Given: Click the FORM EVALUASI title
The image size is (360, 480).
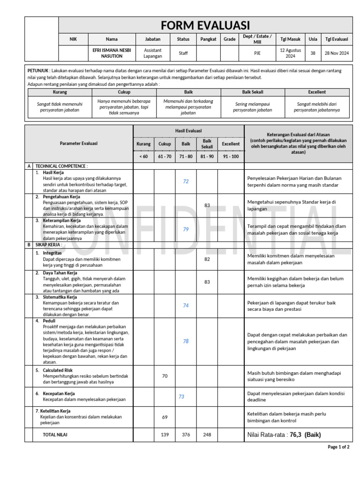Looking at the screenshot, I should pos(205,25).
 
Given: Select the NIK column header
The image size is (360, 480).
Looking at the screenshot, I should pos(73,39).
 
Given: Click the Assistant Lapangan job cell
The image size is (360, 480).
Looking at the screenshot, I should pos(152,53).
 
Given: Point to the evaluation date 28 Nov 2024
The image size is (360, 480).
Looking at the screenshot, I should pos(337,53).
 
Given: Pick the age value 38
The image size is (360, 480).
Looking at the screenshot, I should pos(313,53).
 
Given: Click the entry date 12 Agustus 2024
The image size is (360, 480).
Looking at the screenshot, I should pos(291,53).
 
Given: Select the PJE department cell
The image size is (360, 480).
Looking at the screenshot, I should pos(257,53).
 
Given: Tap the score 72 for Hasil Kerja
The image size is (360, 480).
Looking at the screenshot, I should pos(186,181).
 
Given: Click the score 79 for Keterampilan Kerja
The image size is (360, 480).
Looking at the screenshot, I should pos(186,229).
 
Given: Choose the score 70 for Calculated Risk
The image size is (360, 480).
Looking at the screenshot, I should pos(165,376).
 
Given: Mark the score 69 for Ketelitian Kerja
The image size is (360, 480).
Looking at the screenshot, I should pos(165,417).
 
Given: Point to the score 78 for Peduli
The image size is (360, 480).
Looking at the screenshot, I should pos(186,341).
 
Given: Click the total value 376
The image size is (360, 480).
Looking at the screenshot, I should pos(186,435).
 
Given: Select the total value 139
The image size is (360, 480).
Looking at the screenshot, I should pos(165,435).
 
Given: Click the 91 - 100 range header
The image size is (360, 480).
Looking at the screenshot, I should pos(230,156).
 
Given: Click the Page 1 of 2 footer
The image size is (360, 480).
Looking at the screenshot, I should pos(338,447).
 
